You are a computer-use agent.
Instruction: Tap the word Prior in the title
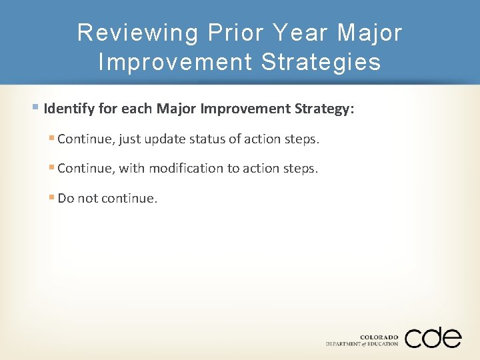pos(236,32)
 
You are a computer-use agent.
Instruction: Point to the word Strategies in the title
pos(321,63)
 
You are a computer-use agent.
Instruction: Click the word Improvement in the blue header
pos(175,63)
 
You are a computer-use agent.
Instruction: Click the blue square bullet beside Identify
pos(35,107)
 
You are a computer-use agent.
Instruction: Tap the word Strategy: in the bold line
pos(324,109)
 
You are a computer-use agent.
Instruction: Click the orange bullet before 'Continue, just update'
pos(51,137)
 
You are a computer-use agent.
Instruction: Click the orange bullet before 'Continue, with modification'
pos(51,167)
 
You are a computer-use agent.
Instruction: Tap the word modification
pos(186,169)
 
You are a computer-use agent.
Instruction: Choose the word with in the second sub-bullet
pos(131,169)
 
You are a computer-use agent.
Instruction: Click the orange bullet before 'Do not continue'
pos(51,197)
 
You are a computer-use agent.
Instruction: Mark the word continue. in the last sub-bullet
pos(129,199)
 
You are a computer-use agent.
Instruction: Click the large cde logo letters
pos(433,337)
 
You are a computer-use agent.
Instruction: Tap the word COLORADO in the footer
pos(379,337)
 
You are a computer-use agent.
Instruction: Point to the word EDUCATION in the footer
pos(383,344)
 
